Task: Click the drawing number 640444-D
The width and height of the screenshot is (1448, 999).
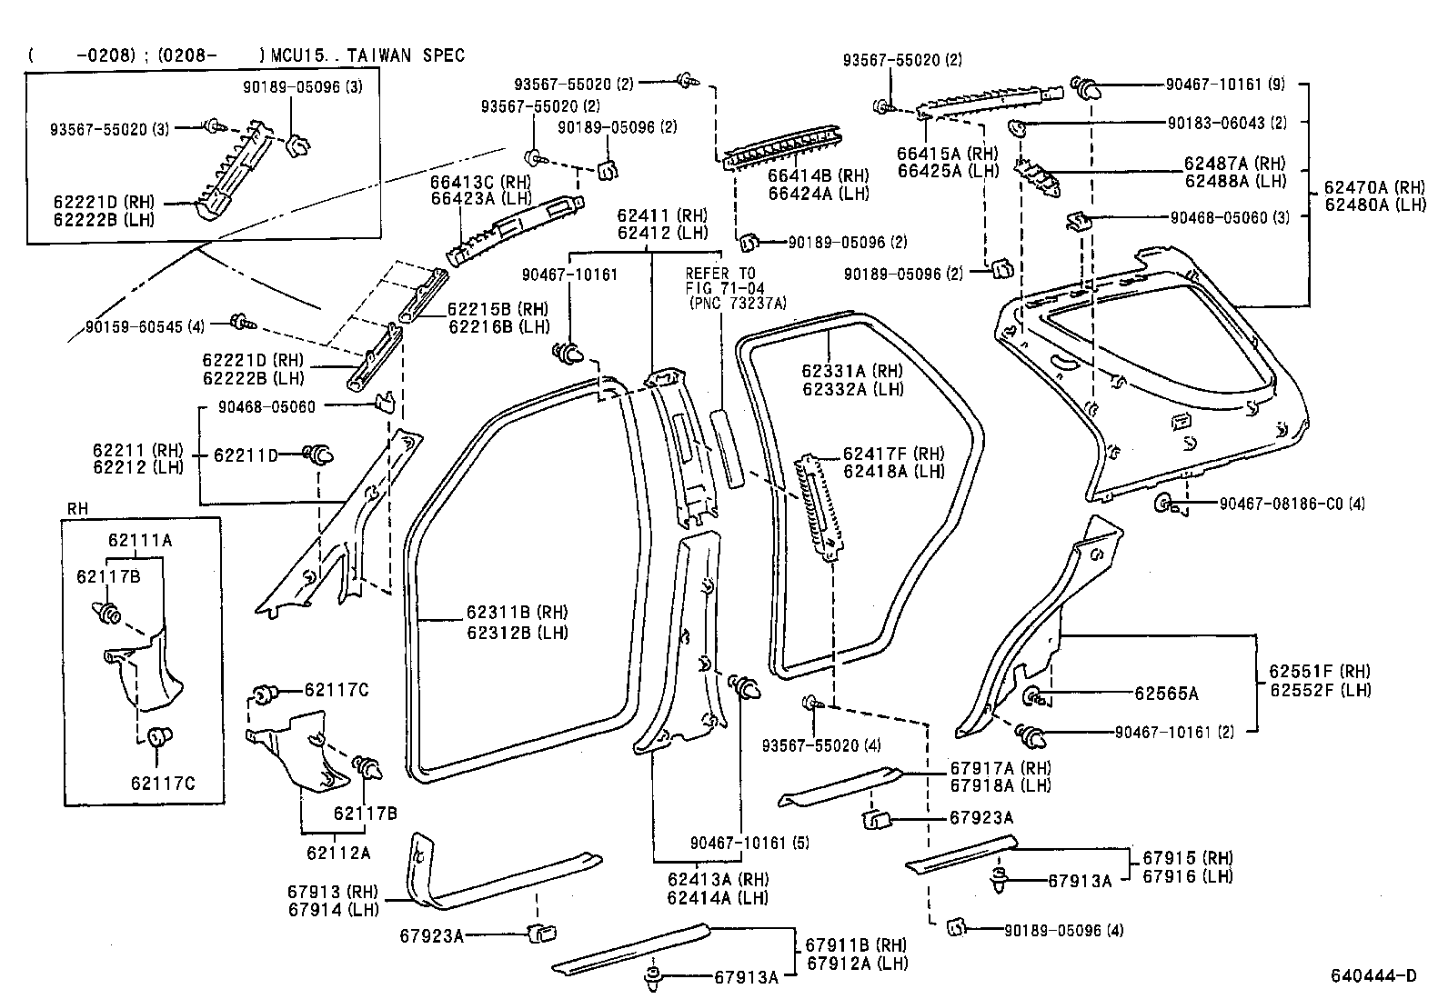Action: tap(1373, 976)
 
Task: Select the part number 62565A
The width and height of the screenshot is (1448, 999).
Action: tap(1166, 694)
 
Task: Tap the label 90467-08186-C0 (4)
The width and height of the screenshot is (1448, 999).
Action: tap(1279, 503)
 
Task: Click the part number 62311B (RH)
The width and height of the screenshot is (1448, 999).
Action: tap(518, 613)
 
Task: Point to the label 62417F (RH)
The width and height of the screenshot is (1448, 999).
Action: tap(893, 454)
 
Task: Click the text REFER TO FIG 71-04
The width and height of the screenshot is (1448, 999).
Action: tap(720, 280)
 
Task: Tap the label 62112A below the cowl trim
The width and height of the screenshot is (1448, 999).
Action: tap(338, 853)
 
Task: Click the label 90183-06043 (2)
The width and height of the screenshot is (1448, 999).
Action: tap(1225, 123)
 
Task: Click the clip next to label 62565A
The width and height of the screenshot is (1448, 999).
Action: tap(1036, 696)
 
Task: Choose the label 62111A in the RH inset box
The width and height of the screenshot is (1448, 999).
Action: tap(140, 540)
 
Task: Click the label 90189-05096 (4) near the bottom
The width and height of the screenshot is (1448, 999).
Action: tap(1063, 931)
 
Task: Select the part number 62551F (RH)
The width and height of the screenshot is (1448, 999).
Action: tap(1320, 672)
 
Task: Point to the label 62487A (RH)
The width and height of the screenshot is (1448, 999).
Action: tap(1234, 164)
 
